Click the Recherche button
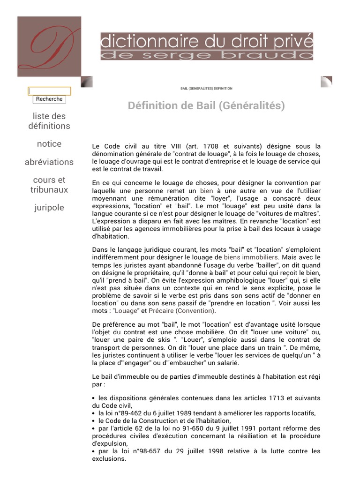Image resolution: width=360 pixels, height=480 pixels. [x=49, y=99]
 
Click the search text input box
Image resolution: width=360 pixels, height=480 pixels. [x=49, y=91]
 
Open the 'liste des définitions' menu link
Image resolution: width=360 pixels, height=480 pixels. [x=49, y=121]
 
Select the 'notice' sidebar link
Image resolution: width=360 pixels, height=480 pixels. [x=49, y=144]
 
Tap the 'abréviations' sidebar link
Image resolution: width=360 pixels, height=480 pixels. [x=49, y=162]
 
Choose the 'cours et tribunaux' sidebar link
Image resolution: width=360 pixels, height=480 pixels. [x=49, y=185]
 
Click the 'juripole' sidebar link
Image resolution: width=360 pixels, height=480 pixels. [x=49, y=208]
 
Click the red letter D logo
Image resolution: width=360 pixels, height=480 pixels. [x=49, y=46]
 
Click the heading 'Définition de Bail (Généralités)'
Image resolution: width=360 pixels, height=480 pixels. [x=206, y=106]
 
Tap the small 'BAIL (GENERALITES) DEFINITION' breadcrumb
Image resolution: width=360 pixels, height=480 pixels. [x=206, y=89]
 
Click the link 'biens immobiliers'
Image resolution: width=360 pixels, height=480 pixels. [x=251, y=257]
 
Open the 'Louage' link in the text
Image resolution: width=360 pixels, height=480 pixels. [x=126, y=311]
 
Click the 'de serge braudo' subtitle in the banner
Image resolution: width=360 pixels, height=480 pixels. [x=207, y=55]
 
